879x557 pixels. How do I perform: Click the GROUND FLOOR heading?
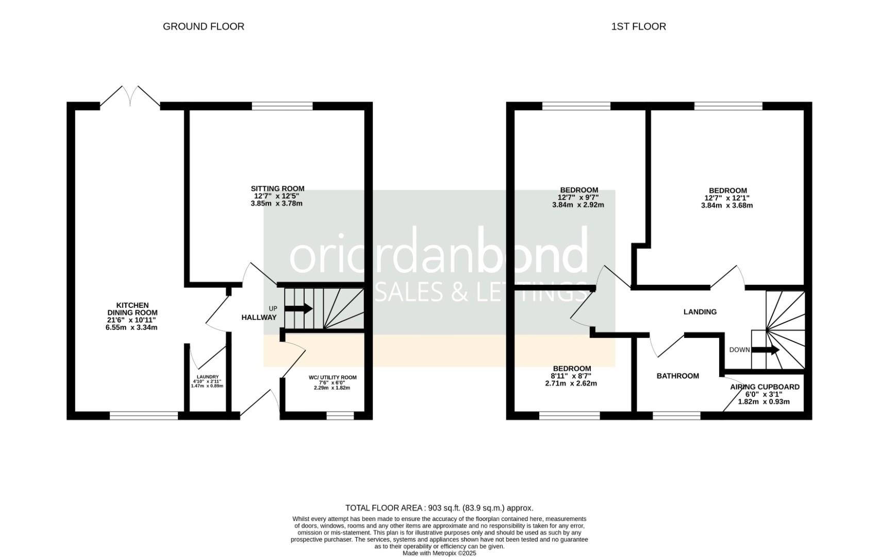click(203, 26)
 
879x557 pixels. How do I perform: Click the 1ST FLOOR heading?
click(638, 26)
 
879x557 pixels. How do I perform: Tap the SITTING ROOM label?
click(277, 189)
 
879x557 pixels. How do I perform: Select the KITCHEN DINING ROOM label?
click(132, 309)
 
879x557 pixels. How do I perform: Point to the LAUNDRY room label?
click(207, 377)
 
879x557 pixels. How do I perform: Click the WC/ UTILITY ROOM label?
click(333, 378)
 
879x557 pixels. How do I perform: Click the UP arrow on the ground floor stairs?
click(298, 308)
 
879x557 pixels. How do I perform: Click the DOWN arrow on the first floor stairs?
click(765, 350)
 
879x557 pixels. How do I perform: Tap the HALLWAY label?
click(259, 318)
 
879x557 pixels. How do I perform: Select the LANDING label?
click(700, 312)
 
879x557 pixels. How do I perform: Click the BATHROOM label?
click(677, 376)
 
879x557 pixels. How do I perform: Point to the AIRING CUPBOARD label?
click(765, 387)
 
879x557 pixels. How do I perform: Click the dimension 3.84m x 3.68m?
click(727, 205)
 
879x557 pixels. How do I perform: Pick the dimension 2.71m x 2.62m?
click(571, 383)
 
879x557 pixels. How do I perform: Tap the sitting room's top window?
click(282, 106)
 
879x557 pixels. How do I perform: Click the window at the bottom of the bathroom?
click(676, 415)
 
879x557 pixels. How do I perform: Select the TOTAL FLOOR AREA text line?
click(439, 508)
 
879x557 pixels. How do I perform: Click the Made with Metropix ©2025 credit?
click(439, 553)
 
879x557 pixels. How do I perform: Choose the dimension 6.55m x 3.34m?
click(131, 327)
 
